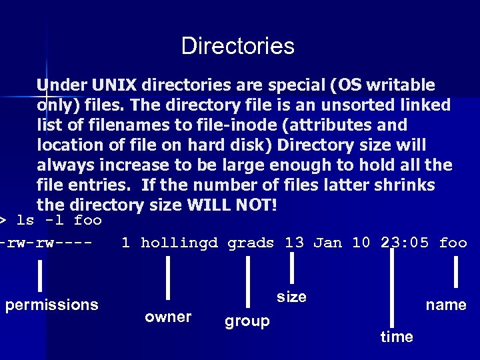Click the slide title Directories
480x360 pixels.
click(x=237, y=46)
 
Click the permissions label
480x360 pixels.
click(x=51, y=305)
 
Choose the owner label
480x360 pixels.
click(x=168, y=317)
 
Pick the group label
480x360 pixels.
click(x=247, y=321)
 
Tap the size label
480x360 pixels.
click(x=291, y=297)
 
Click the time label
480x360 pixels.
click(x=397, y=337)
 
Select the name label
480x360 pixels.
click(x=446, y=305)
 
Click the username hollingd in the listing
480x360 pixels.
click(x=179, y=243)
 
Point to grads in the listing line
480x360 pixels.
click(x=251, y=243)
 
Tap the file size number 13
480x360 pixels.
click(x=294, y=243)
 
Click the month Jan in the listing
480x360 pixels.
click(x=327, y=243)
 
